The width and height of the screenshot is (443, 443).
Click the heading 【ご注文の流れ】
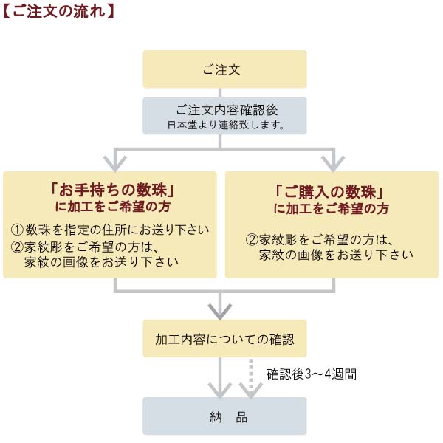point(58,13)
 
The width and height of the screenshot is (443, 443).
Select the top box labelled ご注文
point(224,69)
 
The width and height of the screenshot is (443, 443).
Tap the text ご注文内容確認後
point(224,109)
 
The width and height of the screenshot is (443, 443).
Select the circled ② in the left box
point(18,247)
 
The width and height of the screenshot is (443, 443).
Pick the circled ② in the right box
point(252,240)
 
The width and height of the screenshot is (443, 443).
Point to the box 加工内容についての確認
point(224,340)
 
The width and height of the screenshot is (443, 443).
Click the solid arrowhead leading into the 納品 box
point(219,388)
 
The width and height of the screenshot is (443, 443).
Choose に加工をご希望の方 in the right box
point(332,208)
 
